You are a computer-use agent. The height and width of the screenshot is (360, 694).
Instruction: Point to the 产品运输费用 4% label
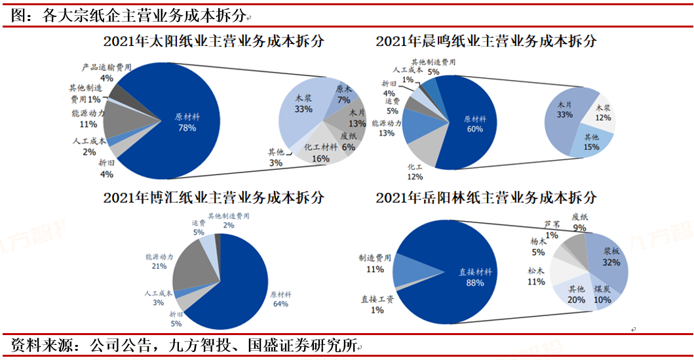pyautogui.click(x=107, y=72)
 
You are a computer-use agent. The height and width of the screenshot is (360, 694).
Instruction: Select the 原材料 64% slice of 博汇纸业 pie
pyautogui.click(x=249, y=289)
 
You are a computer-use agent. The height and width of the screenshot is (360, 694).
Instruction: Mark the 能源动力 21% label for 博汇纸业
pyautogui.click(x=159, y=261)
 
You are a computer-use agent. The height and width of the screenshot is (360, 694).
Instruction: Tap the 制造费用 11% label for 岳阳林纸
pyautogui.click(x=375, y=264)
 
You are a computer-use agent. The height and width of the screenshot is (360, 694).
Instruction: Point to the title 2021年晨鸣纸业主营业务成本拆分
pyautogui.click(x=486, y=41)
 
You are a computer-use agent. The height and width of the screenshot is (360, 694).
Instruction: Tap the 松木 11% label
pyautogui.click(x=535, y=276)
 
